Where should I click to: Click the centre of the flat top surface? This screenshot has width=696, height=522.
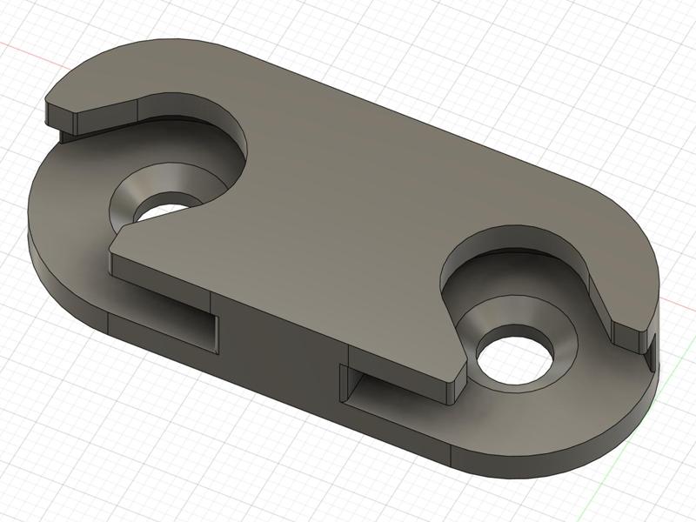pos(348,209)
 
